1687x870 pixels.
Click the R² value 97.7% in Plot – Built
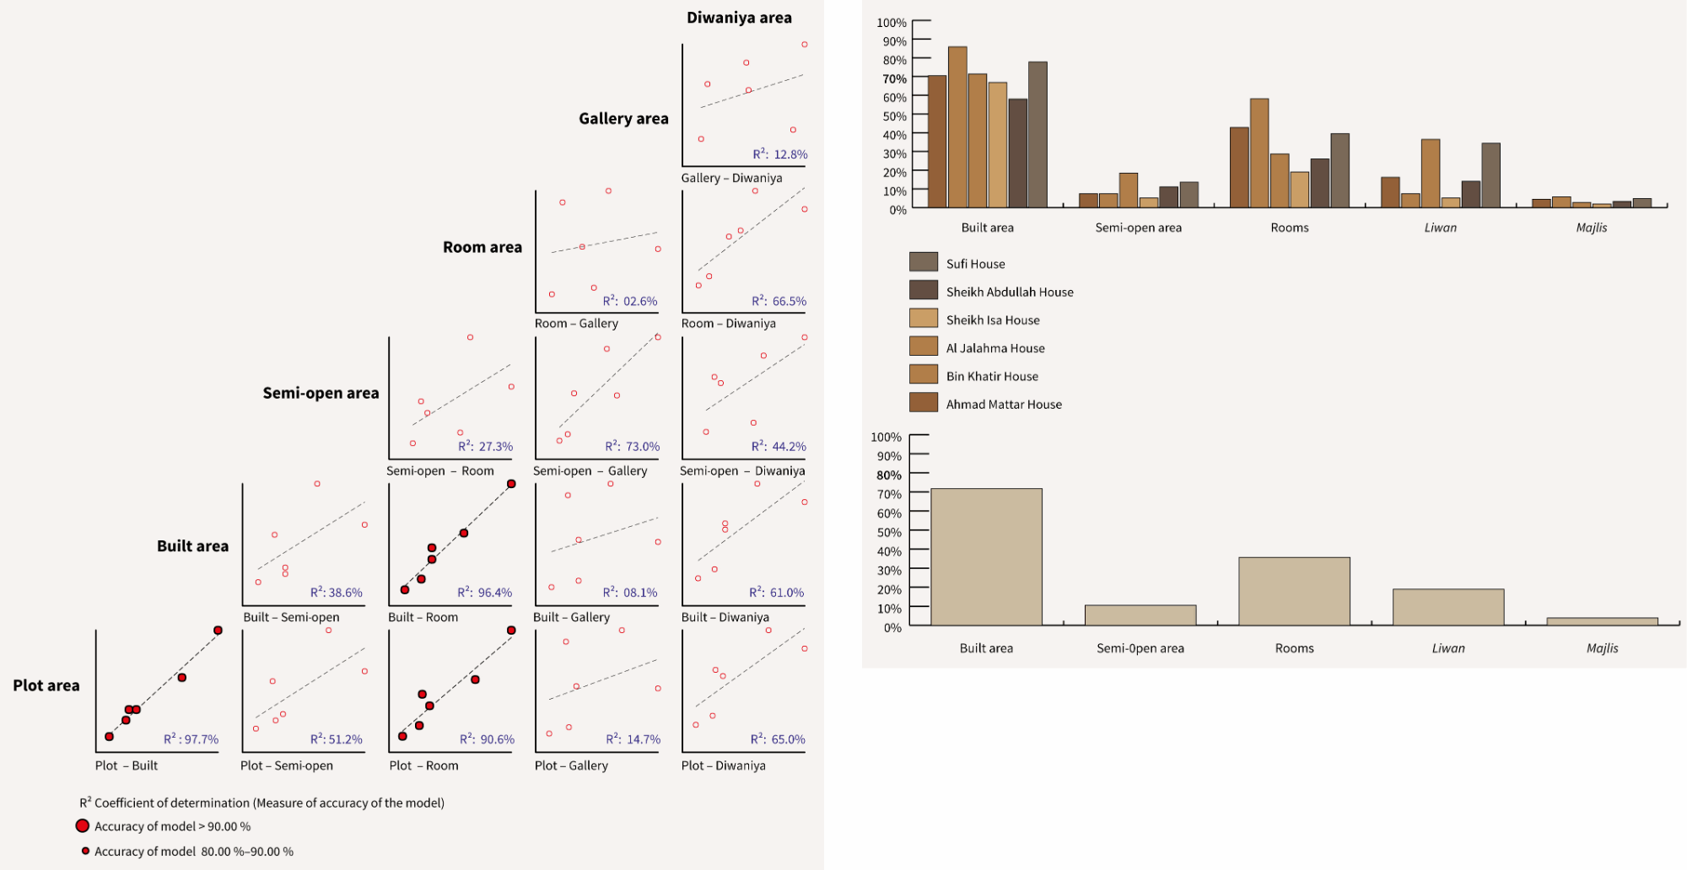click(x=191, y=739)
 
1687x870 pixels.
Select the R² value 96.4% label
click(x=485, y=593)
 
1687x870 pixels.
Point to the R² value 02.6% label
click(x=630, y=301)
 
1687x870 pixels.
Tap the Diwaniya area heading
click(x=739, y=18)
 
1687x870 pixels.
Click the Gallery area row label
click(x=623, y=119)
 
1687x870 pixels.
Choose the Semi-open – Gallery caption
click(x=590, y=470)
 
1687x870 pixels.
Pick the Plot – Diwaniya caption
click(x=724, y=765)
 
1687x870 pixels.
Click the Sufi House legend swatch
click(x=924, y=262)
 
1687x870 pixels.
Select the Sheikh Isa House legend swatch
click(x=924, y=319)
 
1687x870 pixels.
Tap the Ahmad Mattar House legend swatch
click(x=924, y=403)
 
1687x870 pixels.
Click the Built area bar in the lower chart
click(x=986, y=556)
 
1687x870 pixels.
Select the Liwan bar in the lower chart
click(x=1448, y=607)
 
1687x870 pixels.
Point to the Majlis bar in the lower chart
click(x=1602, y=621)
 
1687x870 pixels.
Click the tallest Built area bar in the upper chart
click(x=957, y=126)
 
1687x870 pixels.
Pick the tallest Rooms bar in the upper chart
click(x=1259, y=153)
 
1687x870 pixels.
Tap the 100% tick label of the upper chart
click(x=892, y=23)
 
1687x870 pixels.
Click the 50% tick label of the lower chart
click(x=889, y=533)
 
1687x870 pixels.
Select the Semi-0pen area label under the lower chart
click(x=1140, y=648)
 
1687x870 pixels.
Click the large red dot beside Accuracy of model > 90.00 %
click(x=83, y=826)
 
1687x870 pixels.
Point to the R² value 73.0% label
click(x=633, y=447)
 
